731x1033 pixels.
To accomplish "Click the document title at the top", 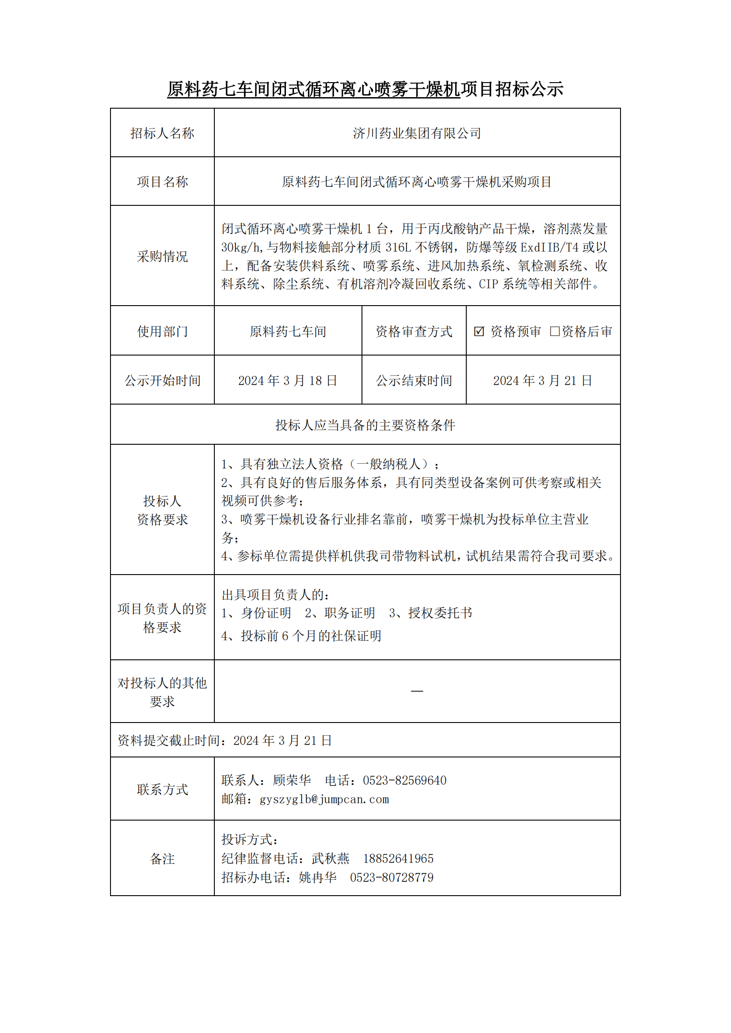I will (365, 89).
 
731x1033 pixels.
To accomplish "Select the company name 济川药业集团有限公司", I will (417, 133).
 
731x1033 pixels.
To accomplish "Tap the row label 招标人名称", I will (162, 133).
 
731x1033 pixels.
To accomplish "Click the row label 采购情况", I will (162, 257).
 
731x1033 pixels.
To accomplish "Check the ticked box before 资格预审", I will (479, 332).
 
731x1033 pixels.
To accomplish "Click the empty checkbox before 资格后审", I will (555, 332).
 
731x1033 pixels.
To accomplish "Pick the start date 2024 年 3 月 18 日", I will (288, 381).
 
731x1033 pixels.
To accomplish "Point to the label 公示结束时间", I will (414, 381).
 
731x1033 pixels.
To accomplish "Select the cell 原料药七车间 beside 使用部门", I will (288, 332).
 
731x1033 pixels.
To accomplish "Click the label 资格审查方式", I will (414, 332).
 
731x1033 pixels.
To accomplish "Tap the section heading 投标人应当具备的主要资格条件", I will (365, 425).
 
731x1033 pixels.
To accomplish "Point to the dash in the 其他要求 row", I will (417, 691).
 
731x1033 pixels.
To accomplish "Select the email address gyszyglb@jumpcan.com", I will (324, 799).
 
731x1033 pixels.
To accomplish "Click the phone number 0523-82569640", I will (405, 780).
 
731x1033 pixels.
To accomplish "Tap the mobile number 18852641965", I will (398, 859).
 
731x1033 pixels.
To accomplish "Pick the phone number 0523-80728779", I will (392, 878).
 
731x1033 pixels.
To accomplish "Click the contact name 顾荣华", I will (292, 780).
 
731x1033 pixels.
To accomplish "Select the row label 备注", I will (162, 859).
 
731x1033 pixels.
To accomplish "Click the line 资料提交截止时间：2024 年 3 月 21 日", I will (225, 741).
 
